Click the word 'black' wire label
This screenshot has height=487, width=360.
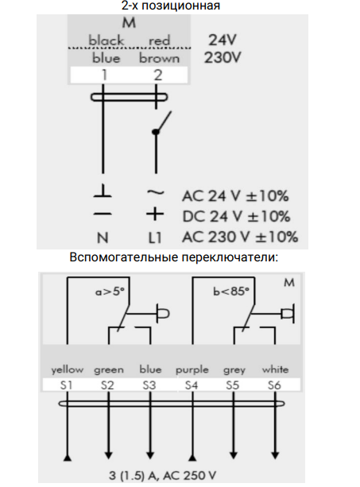pyautogui.click(x=106, y=41)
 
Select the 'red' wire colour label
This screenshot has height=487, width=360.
pyautogui.click(x=160, y=41)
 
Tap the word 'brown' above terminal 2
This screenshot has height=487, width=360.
pyautogui.click(x=159, y=58)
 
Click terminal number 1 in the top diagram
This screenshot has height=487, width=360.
pyautogui.click(x=104, y=75)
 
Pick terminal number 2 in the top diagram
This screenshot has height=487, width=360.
pyautogui.click(x=158, y=75)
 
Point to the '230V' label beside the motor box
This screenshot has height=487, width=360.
pyautogui.click(x=223, y=57)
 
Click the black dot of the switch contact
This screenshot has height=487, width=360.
pyautogui.click(x=156, y=132)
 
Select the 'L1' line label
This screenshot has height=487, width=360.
pyautogui.click(x=155, y=238)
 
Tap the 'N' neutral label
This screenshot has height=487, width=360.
pyautogui.click(x=103, y=238)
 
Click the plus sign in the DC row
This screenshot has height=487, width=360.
pyautogui.click(x=155, y=215)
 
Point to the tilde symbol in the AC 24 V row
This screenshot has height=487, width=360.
pyautogui.click(x=155, y=193)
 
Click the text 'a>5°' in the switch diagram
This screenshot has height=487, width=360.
pyautogui.click(x=110, y=292)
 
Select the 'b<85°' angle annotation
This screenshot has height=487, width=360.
pyautogui.click(x=231, y=292)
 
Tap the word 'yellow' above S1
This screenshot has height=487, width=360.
pyautogui.click(x=68, y=369)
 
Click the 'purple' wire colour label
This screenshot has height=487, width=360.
pyautogui.click(x=192, y=370)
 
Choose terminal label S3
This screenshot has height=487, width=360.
pyautogui.click(x=149, y=385)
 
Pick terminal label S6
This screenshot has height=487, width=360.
pyautogui.click(x=274, y=385)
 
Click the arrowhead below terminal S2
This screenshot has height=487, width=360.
pyautogui.click(x=108, y=455)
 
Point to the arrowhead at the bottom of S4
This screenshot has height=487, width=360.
pyautogui.click(x=192, y=457)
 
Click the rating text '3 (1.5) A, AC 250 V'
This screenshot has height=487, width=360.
pyautogui.click(x=162, y=475)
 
